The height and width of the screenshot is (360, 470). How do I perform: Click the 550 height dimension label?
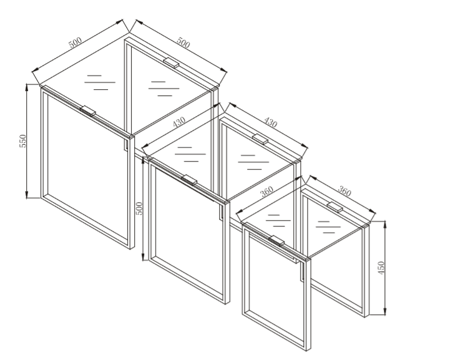tap(22, 141)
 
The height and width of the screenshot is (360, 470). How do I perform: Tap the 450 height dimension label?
tap(381, 268)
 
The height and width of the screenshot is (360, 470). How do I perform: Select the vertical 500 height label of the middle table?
tap(139, 208)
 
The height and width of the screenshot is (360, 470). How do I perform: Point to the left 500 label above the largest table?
tap(76, 42)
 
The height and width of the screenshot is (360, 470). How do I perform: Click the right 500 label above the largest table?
tap(183, 42)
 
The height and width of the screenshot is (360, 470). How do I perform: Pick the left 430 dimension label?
tap(179, 122)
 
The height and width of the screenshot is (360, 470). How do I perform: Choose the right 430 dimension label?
tap(270, 122)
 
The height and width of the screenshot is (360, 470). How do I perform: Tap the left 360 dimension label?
tap(267, 192)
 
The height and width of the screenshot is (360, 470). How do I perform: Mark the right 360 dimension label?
tap(345, 191)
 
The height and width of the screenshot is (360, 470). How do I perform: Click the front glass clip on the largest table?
tap(88, 110)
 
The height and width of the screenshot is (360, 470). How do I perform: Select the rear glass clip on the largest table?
tap(171, 62)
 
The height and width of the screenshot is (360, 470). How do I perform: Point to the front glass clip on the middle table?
tap(189, 180)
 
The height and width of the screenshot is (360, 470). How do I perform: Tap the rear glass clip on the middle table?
tap(260, 139)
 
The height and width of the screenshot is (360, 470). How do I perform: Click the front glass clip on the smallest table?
tap(277, 240)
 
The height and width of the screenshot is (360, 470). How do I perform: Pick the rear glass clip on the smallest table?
tap(335, 207)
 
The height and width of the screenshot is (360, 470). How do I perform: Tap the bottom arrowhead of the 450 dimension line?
tap(385, 311)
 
